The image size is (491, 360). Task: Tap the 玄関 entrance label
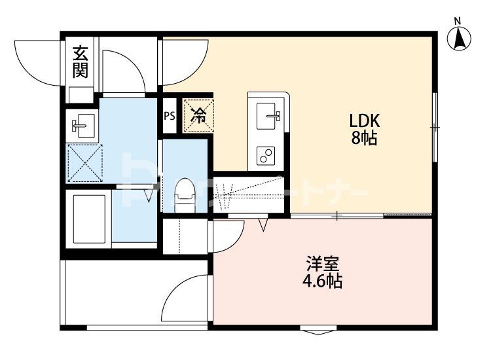click(80, 62)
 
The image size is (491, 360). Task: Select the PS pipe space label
click(169, 117)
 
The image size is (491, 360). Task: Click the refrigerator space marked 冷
click(198, 116)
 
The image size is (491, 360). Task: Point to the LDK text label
click(365, 121)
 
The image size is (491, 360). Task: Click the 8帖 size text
click(365, 139)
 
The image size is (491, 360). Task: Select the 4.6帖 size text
click(322, 282)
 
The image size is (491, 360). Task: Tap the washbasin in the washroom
click(83, 124)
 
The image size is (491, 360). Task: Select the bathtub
click(88, 218)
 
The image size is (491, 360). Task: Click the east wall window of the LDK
click(434, 126)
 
